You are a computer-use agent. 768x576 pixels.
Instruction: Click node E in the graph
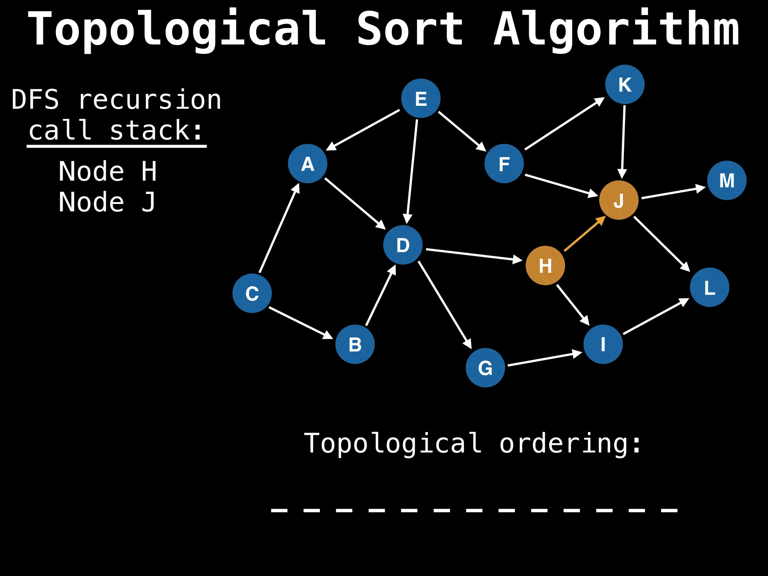coord(421,98)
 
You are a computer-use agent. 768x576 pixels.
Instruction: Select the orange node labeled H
coord(545,265)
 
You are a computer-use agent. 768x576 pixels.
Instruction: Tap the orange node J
coord(619,200)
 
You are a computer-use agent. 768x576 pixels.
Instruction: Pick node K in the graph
coord(625,84)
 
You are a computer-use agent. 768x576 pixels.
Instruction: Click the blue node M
coord(727,180)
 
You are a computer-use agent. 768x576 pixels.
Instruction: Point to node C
coord(252,293)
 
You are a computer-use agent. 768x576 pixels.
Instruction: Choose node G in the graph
coord(485,367)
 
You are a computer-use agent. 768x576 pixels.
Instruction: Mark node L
coord(709,287)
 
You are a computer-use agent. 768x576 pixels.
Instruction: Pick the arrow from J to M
coord(673,192)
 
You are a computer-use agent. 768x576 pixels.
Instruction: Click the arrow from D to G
coord(445,304)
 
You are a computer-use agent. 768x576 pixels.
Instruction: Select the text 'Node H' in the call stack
coord(108,171)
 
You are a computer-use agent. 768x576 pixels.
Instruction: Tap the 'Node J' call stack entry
coord(107,202)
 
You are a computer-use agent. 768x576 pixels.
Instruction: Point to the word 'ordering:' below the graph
coord(570,444)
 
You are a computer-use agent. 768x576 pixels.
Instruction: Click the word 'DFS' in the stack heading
coord(35,100)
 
